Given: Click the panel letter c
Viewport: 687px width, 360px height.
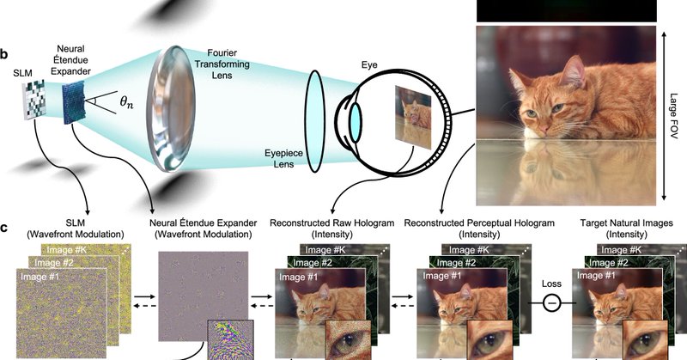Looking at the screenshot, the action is pyautogui.click(x=5, y=229).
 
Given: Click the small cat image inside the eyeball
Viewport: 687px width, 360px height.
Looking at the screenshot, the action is pyautogui.click(x=410, y=119).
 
